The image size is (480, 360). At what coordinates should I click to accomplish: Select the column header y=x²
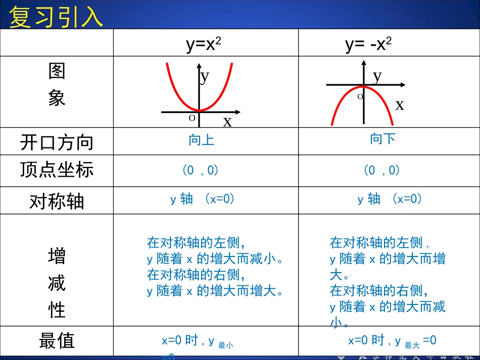click(204, 44)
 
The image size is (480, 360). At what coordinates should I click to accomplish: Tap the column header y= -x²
click(368, 44)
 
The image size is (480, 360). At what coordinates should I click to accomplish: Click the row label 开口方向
click(57, 142)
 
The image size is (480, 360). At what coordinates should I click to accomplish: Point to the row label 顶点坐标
click(57, 170)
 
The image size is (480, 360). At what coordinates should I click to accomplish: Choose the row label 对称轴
click(57, 201)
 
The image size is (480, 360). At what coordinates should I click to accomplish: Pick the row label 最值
click(57, 341)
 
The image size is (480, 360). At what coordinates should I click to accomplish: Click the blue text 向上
click(202, 140)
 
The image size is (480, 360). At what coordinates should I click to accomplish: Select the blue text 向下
click(382, 138)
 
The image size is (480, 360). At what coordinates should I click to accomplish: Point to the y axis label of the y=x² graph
click(205, 77)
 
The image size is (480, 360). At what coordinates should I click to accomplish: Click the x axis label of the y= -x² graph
click(400, 105)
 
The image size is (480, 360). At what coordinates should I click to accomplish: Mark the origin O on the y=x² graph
click(192, 118)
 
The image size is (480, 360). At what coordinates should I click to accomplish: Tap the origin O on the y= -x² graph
click(360, 96)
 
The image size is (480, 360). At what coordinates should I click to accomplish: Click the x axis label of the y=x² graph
click(227, 121)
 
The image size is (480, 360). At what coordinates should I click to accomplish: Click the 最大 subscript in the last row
click(412, 346)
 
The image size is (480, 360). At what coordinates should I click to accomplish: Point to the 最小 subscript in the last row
click(225, 346)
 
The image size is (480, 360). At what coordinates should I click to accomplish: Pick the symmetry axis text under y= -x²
click(390, 199)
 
